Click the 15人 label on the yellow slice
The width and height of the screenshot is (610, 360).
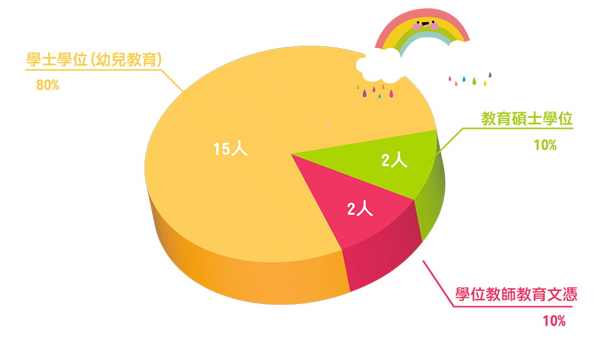point(231,149)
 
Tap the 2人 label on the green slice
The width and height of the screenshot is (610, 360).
point(394,160)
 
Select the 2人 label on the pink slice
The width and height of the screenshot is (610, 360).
point(360,209)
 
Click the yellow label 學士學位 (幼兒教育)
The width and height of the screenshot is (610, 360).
point(94,60)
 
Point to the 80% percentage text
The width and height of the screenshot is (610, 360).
point(48,85)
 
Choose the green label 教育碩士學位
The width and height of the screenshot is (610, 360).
point(527,119)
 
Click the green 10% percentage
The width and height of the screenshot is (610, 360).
point(545,145)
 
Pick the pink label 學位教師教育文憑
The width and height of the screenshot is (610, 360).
point(516,295)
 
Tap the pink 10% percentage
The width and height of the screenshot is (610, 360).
point(554,321)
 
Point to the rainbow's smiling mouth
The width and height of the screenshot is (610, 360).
point(425,26)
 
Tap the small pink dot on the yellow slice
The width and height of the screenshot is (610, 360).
point(328,126)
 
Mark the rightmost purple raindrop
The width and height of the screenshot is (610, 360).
point(490,74)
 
